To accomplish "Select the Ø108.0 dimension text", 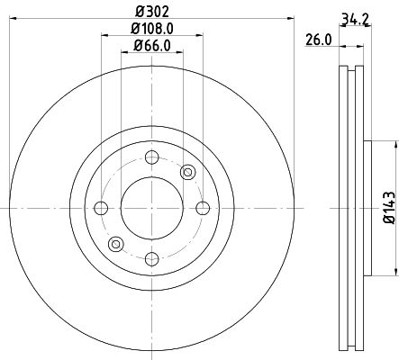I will coord(152,29).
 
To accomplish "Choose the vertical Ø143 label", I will coord(388,206).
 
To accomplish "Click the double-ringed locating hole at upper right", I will coord(187,173).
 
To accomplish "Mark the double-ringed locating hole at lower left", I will coord(114,244).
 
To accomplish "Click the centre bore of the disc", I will coord(150,209).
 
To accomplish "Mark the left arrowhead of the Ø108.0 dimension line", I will coord(104,37).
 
